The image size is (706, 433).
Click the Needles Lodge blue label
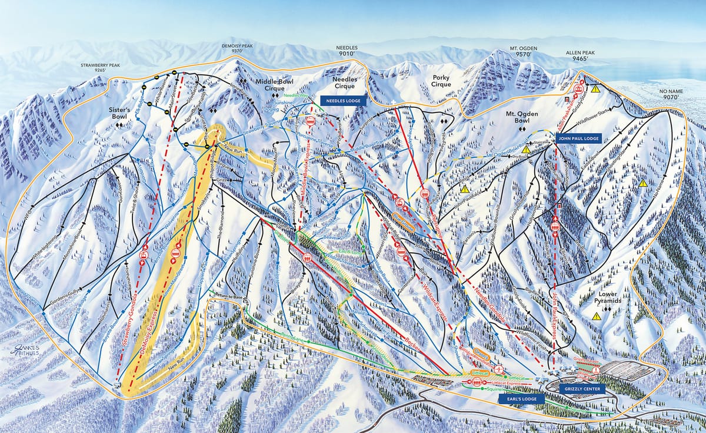pyautogui.click(x=344, y=101)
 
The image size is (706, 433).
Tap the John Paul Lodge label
pyautogui.click(x=576, y=137)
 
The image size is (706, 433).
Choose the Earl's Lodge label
pyautogui.click(x=517, y=399)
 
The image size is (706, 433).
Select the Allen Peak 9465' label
pyautogui.click(x=580, y=56)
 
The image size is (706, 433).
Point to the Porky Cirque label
pyautogui.click(x=441, y=80)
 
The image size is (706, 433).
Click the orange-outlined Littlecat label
pyautogui.click(x=479, y=373)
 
